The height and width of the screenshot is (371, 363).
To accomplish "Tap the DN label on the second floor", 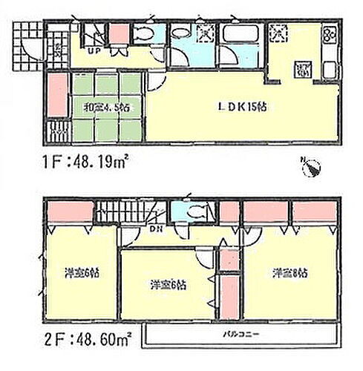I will [154, 229].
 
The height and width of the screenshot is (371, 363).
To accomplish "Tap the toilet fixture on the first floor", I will [142, 35].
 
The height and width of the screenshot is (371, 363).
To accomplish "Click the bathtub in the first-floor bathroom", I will [238, 33].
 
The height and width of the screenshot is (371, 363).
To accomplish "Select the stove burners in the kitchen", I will [327, 37].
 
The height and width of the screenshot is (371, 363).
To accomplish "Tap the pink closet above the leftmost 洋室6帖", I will [65, 212].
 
